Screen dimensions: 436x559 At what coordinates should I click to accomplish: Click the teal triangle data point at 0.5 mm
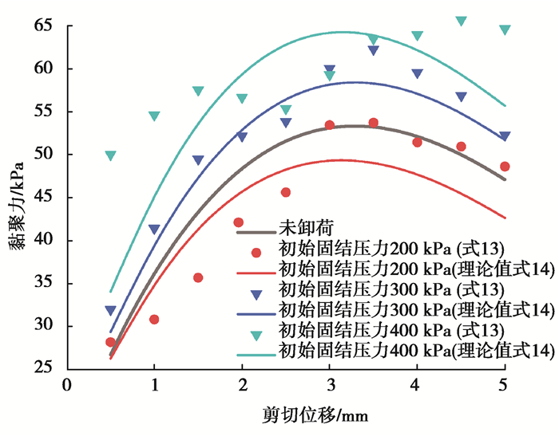click(110, 156)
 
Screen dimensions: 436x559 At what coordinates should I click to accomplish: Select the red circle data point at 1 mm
click(154, 320)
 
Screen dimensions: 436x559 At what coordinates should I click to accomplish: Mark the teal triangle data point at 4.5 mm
click(461, 21)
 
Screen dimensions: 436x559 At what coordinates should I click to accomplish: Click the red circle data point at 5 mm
click(505, 167)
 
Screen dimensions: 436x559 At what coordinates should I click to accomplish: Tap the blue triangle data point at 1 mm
click(154, 230)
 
